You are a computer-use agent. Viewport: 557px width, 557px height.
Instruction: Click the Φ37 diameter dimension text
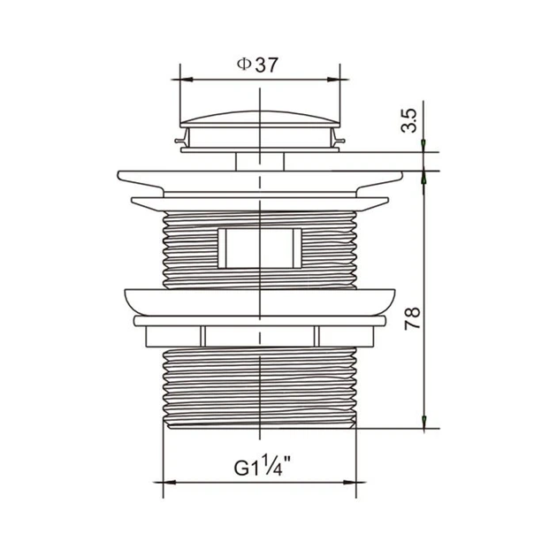click(x=257, y=65)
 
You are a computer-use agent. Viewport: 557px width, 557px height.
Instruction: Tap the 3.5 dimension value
click(x=408, y=121)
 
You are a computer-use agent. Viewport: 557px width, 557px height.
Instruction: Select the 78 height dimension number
click(x=412, y=318)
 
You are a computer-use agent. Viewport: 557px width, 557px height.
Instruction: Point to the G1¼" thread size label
click(x=263, y=467)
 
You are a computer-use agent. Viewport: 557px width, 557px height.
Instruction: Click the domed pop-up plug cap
click(x=260, y=119)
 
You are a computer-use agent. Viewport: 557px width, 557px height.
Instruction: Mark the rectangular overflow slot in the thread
click(x=260, y=248)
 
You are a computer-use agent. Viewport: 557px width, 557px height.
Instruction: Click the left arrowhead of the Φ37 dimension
click(x=187, y=80)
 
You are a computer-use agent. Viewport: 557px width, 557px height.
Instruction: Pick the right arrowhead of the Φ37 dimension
click(x=333, y=80)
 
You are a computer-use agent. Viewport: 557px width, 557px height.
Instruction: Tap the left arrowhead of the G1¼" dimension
click(x=170, y=483)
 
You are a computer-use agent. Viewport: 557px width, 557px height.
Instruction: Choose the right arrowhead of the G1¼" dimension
click(x=349, y=483)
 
